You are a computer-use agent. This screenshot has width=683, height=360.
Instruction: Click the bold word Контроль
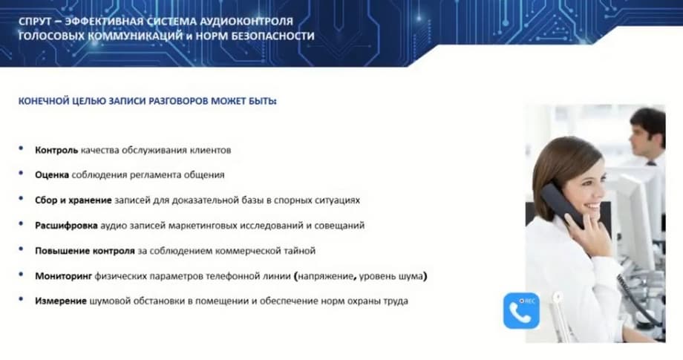pyautogui.click(x=56, y=150)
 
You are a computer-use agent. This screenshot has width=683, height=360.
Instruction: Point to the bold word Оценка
pyautogui.click(x=52, y=175)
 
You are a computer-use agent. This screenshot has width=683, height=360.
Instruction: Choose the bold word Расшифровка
pyautogui.click(x=66, y=226)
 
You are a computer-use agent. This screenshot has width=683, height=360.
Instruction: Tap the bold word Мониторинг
pyautogui.click(x=64, y=276)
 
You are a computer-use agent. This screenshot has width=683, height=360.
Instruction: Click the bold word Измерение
pyautogui.click(x=61, y=301)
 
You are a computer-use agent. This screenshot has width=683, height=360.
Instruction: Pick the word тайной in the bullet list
pyautogui.click(x=301, y=251)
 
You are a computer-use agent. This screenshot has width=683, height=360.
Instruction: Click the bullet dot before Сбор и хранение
pyautogui.click(x=21, y=198)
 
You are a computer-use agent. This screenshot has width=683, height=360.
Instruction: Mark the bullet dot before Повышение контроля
pyautogui.click(x=21, y=249)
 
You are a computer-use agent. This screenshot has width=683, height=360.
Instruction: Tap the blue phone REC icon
pyautogui.click(x=521, y=310)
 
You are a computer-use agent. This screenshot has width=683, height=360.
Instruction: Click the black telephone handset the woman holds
pyautogui.click(x=562, y=205)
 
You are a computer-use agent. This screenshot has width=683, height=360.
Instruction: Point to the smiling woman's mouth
pyautogui.click(x=595, y=205)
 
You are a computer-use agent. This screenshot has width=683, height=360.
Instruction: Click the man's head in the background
pyautogui.click(x=647, y=131)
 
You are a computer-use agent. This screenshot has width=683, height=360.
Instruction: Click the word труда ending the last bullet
pyautogui.click(x=396, y=301)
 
